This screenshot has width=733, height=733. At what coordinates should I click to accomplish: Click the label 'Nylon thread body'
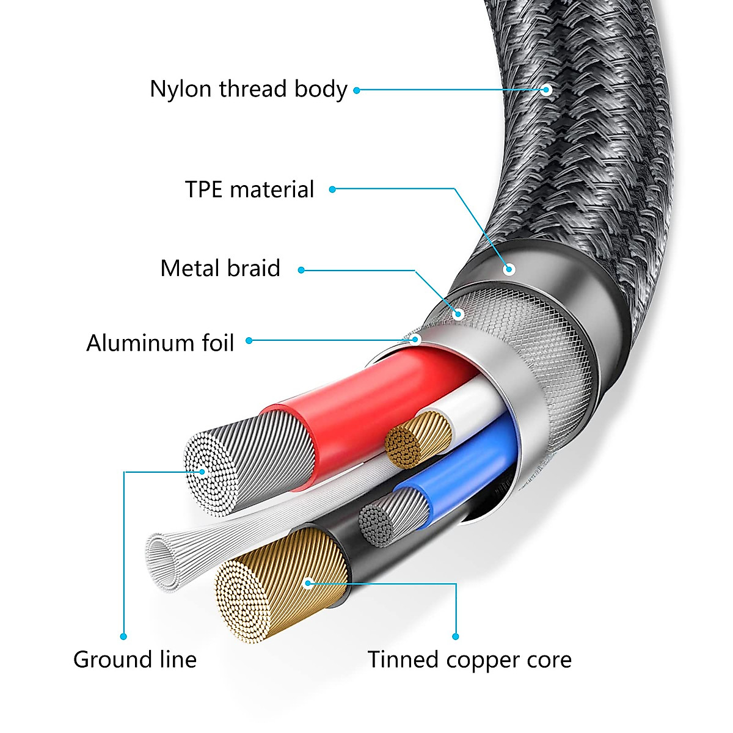[248, 89]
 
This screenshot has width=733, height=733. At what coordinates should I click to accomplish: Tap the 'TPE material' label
[249, 189]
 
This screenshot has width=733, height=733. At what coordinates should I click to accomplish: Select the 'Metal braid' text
[220, 268]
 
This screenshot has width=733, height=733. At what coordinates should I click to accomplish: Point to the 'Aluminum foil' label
[160, 343]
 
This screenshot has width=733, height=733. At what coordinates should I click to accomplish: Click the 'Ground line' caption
[135, 660]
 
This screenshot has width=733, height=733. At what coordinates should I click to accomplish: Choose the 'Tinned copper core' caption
[469, 660]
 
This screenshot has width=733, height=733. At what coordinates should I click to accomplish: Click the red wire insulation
[366, 397]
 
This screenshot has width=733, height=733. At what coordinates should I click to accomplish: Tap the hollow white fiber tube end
[162, 559]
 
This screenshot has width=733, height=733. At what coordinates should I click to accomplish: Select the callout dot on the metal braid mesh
[459, 315]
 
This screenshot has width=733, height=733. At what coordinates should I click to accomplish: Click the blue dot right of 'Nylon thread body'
[357, 90]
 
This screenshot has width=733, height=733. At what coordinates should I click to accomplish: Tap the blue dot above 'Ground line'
[124, 636]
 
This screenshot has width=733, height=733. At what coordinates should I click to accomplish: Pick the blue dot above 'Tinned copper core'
[456, 636]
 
